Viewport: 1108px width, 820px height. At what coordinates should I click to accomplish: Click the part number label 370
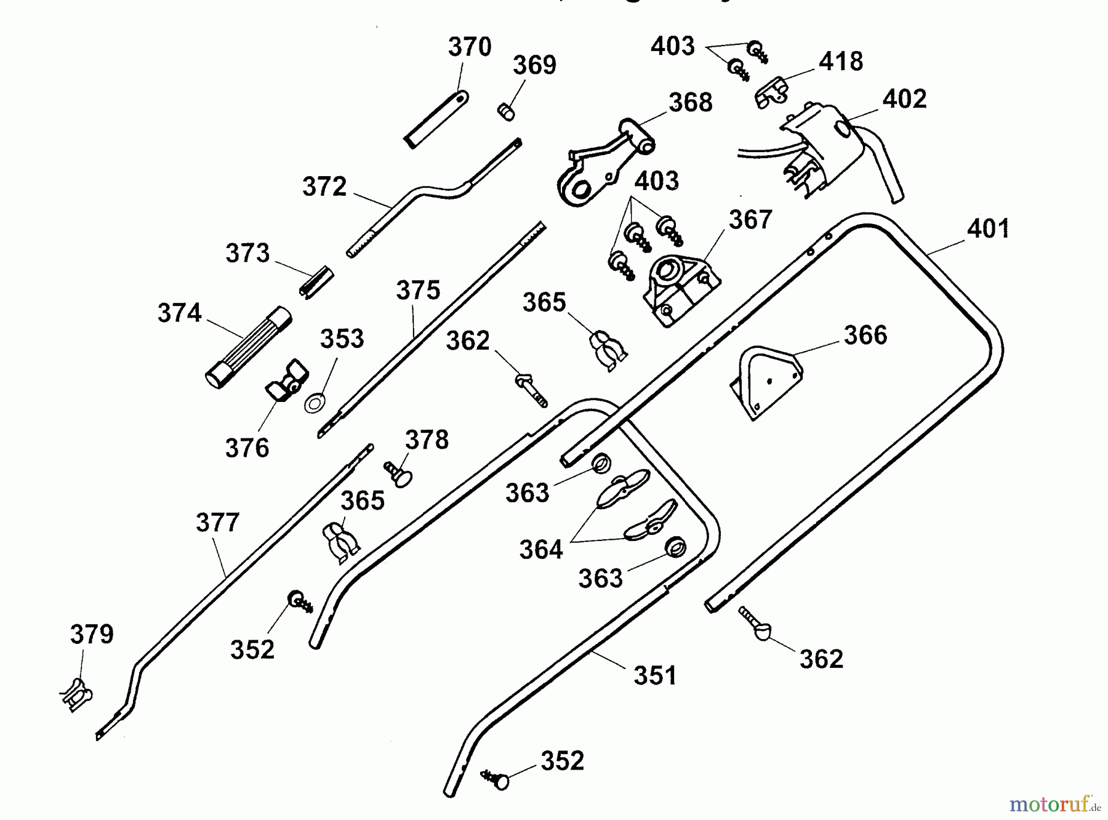pos(470,47)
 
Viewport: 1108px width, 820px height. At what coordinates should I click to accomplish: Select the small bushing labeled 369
pos(505,112)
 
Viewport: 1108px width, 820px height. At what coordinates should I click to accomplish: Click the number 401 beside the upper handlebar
pos(988,229)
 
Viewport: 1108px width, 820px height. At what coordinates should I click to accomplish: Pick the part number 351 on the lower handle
pos(655,675)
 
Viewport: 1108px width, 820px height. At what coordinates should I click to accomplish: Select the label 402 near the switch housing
pos(904,99)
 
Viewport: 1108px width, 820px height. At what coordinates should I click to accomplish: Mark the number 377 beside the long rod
pos(217,523)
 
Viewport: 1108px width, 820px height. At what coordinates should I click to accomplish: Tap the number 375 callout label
pos(418,290)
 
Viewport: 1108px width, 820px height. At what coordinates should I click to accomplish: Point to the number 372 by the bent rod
pos(324,187)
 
